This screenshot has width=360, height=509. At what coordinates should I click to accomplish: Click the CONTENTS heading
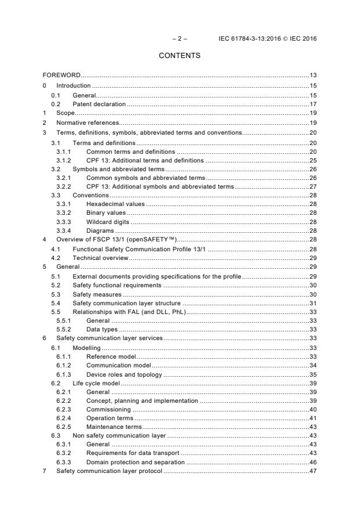point(179,56)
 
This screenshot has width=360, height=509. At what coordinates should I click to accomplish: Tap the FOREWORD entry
point(62,75)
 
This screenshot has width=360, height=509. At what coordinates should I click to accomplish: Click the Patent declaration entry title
point(99,104)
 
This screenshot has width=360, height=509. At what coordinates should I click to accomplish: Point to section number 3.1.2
point(63,160)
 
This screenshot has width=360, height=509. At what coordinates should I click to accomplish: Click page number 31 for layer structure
point(312,304)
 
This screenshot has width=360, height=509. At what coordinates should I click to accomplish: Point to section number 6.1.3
point(63,374)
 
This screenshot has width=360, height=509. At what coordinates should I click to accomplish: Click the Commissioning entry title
point(109,412)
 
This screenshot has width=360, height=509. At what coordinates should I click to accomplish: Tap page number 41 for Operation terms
point(312,421)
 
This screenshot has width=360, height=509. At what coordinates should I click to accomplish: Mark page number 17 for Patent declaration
point(312,104)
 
